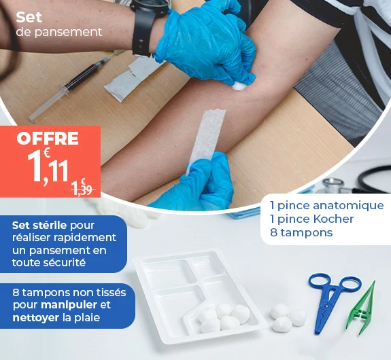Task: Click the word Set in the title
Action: pyautogui.click(x=29, y=17)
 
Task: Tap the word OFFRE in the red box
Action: pyautogui.click(x=48, y=139)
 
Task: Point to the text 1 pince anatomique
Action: pyautogui.click(x=326, y=205)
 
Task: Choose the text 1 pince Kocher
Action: pyautogui.click(x=311, y=219)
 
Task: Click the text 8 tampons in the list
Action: pyautogui.click(x=301, y=232)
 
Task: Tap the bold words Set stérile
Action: pyautogui.click(x=39, y=225)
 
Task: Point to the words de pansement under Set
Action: pyautogui.click(x=58, y=32)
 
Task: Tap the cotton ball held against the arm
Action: pyautogui.click(x=240, y=86)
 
